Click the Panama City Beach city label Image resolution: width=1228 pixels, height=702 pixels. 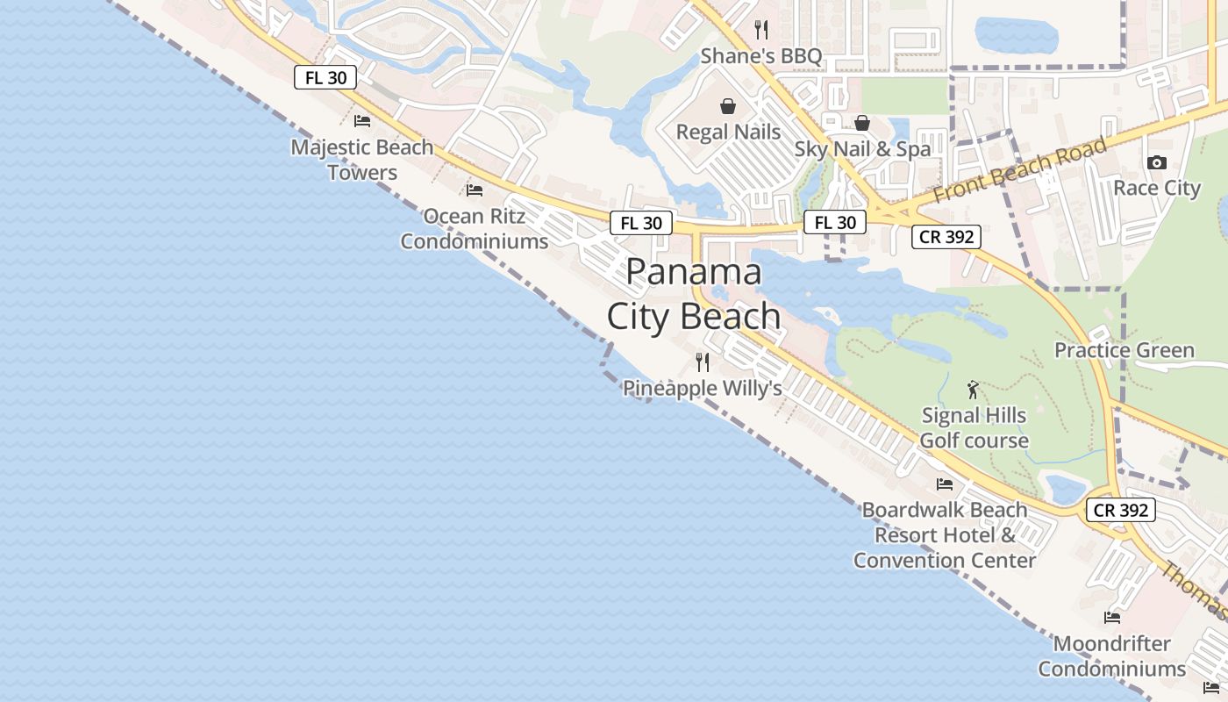tap(693, 294)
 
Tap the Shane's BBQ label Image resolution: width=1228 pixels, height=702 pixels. tap(760, 57)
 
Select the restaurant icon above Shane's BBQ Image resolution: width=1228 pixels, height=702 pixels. tap(761, 30)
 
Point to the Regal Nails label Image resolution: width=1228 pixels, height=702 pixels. tap(728, 133)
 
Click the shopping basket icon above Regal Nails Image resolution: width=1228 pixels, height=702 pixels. tap(728, 107)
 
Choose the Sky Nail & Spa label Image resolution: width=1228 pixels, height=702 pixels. tap(862, 149)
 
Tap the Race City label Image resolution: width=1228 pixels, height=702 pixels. tap(1156, 189)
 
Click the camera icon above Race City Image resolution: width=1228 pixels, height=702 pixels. tap(1156, 162)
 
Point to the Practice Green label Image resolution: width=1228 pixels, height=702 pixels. tap(1124, 351)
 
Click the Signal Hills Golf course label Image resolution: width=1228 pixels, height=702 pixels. tap(974, 427)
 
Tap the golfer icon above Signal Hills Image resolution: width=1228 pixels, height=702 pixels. tap(973, 390)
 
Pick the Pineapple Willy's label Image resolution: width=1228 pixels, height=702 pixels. tap(702, 388)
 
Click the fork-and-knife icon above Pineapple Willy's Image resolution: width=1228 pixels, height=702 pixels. tap(703, 362)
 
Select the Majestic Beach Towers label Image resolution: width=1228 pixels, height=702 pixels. tap(362, 160)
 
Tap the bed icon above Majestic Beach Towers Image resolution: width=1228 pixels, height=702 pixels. tap(362, 121)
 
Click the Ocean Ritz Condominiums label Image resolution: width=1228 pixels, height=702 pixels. tap(475, 228)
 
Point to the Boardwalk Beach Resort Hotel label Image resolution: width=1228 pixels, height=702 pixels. tap(945, 534)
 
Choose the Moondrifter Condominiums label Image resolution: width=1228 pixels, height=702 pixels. tap(1112, 655)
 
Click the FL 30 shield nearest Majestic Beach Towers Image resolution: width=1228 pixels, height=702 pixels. tap(325, 78)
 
